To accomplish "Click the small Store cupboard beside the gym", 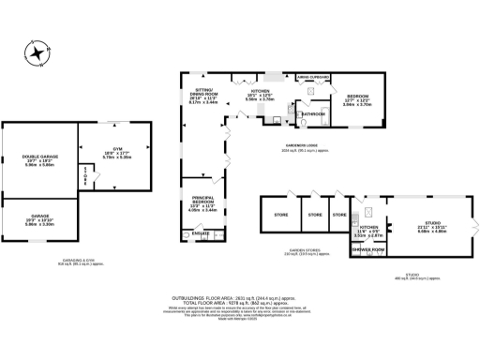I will [x=84, y=176].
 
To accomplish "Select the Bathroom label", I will [x=312, y=113].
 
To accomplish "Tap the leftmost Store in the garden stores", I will [x=280, y=215].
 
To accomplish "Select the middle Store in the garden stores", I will [x=314, y=215].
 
